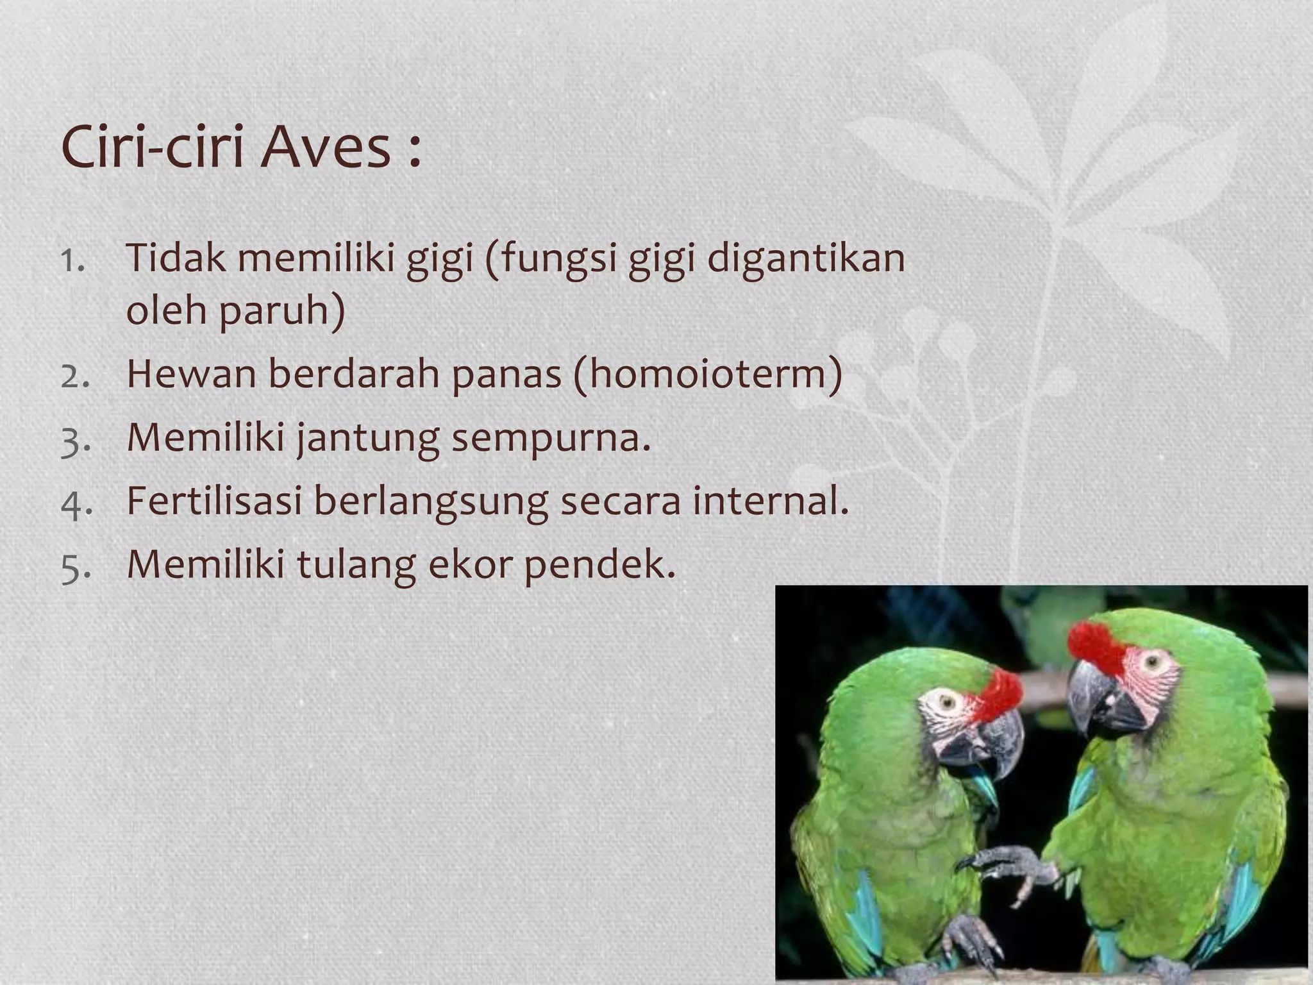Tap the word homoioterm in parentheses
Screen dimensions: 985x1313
[708, 374]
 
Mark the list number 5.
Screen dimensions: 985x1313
[74, 568]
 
